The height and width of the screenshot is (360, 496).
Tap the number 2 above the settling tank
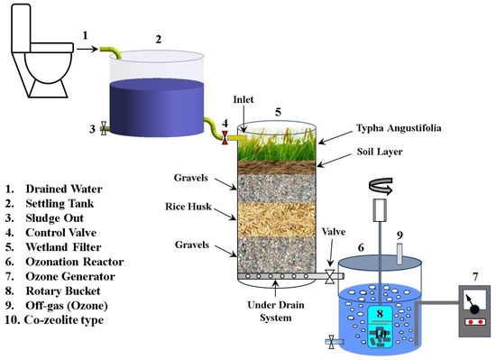tap(158, 39)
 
